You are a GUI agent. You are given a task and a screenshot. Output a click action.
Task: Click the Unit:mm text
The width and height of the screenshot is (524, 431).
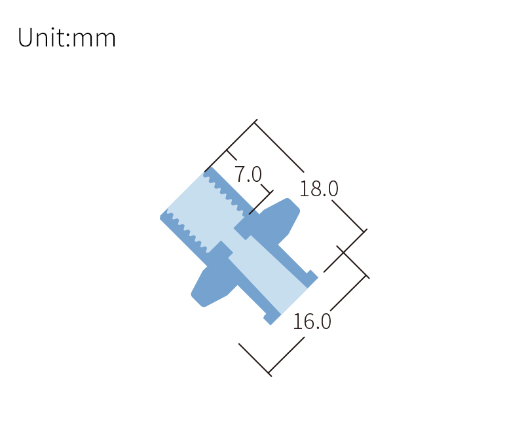point(67,37)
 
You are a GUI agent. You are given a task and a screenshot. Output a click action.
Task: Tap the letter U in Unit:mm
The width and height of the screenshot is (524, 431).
point(25,37)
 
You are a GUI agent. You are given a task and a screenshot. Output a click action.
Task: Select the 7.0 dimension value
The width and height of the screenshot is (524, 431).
point(248,174)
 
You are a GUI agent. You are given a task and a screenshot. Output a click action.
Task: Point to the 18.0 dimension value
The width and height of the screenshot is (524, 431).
point(319,189)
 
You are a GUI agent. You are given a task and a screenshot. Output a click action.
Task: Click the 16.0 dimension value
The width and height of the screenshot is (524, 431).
point(312,322)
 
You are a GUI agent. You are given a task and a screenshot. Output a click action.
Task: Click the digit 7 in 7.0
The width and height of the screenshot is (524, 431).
point(240,174)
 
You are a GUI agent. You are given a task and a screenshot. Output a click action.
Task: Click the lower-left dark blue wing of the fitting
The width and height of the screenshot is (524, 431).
point(214,280)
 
